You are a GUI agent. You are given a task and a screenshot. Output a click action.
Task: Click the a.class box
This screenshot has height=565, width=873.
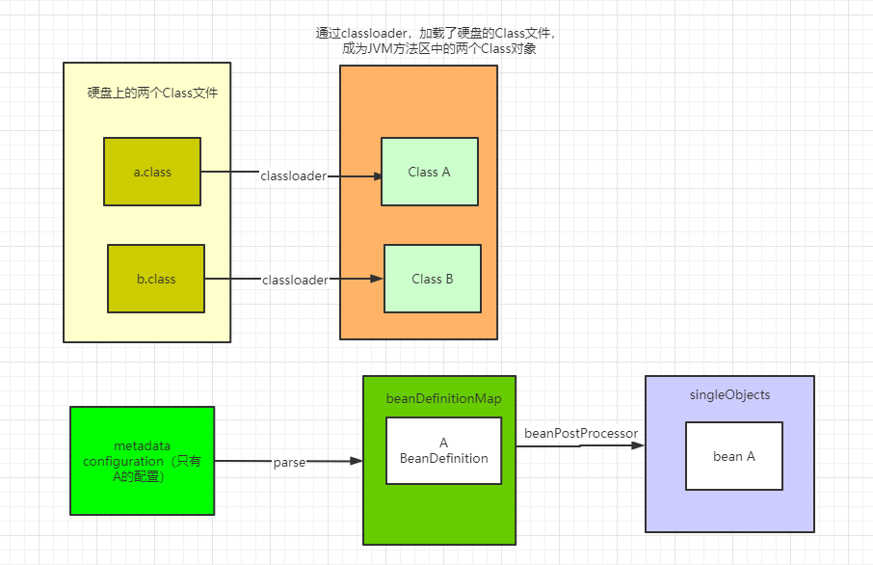pyautogui.click(x=152, y=172)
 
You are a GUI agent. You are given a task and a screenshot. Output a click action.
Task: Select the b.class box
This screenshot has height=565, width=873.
pyautogui.click(x=156, y=279)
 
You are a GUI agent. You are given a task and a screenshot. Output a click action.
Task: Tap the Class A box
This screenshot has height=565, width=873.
pyautogui.click(x=429, y=172)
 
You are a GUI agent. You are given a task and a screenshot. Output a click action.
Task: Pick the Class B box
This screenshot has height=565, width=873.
pyautogui.click(x=433, y=279)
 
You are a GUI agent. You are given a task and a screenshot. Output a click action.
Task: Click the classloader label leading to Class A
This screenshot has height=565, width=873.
pyautogui.click(x=293, y=176)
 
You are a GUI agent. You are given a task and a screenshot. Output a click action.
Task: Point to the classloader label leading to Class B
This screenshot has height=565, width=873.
pyautogui.click(x=295, y=280)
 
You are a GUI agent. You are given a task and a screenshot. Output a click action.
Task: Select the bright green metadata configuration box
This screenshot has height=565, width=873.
pyautogui.click(x=143, y=460)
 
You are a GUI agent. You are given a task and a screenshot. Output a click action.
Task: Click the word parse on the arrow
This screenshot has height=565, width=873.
pyautogui.click(x=289, y=463)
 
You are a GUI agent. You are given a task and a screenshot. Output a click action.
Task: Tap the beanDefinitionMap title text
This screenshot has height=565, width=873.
pyautogui.click(x=443, y=398)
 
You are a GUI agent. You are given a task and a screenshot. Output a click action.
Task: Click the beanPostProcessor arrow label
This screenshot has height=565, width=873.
pyautogui.click(x=581, y=434)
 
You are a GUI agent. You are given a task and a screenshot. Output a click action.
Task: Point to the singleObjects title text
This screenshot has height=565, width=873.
pyautogui.click(x=729, y=395)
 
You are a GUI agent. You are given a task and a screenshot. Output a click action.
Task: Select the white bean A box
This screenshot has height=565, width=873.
pyautogui.click(x=734, y=456)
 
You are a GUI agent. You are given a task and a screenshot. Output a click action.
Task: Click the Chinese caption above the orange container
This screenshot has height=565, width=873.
pyautogui.click(x=436, y=40)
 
